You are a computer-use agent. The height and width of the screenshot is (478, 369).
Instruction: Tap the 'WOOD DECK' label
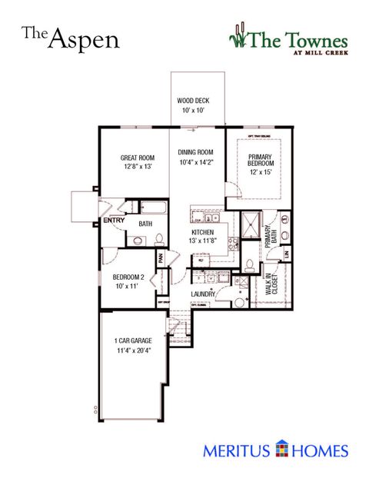193,101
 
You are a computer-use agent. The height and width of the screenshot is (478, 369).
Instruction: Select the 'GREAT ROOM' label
137,158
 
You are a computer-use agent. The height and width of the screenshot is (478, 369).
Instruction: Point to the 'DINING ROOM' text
194,152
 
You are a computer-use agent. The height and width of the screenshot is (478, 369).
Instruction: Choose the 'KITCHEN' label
208,231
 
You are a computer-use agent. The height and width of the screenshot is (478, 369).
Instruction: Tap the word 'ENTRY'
115,220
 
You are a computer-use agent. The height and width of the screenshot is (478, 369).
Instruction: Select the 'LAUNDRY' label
203,294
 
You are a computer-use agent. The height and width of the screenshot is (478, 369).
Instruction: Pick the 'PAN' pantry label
161,258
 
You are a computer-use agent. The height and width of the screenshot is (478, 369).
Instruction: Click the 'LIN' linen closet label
285,253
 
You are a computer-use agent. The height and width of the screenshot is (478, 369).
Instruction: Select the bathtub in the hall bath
151,207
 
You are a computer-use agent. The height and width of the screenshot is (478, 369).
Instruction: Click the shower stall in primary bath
250,225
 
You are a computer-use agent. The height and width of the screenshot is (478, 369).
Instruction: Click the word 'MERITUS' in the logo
236,450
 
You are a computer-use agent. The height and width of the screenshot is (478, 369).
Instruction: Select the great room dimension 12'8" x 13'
137,168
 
